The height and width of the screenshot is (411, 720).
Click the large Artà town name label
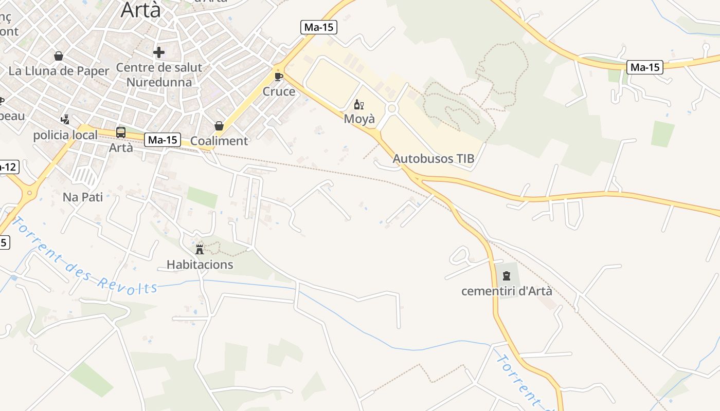140,9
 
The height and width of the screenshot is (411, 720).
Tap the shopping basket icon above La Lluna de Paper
59,55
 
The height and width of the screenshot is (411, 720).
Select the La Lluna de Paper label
59,71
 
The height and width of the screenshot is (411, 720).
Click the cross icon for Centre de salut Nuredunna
159,52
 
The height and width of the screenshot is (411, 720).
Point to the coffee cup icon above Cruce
279,77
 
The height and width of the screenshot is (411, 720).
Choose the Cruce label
279,91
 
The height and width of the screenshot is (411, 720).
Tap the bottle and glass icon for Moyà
359,105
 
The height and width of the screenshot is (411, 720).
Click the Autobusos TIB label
434,159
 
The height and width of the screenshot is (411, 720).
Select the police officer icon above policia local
65,120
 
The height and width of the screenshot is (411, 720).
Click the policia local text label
65,135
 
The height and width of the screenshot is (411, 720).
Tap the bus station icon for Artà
121,133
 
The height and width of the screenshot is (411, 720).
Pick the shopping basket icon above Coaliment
219,126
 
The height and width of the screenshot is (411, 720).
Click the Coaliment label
219,141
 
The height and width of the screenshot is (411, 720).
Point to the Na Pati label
83,197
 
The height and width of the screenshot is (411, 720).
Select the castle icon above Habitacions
200,250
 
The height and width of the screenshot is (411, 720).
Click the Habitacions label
200,265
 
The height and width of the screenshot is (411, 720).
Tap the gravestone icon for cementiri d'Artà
507,276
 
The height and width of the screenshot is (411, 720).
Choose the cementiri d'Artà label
507,291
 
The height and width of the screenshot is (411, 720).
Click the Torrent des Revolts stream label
85,257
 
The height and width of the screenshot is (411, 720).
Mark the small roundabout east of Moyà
392,108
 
